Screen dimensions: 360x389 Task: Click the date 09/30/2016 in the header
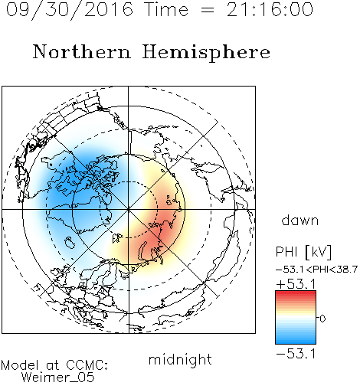(70, 10)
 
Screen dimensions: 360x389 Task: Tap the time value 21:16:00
(270, 9)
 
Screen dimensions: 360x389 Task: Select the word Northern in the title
(82, 52)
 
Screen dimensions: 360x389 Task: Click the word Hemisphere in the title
(206, 53)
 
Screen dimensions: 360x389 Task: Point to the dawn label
(300, 220)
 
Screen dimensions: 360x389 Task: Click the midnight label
(180, 359)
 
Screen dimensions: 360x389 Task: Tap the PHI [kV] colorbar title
(303, 252)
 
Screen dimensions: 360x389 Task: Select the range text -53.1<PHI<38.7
(316, 270)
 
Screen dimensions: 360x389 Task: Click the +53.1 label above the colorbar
(296, 284)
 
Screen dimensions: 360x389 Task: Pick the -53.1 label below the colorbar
(296, 354)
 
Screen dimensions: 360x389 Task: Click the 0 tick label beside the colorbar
(322, 319)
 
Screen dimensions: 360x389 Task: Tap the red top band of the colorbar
(296, 293)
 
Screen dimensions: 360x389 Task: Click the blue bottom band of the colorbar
(296, 341)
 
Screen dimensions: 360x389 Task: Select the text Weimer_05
(58, 378)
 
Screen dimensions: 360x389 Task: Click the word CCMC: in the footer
(87, 365)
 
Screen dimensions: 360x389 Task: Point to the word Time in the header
(166, 9)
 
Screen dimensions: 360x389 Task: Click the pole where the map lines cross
(129, 209)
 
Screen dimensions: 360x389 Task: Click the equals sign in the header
(208, 10)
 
